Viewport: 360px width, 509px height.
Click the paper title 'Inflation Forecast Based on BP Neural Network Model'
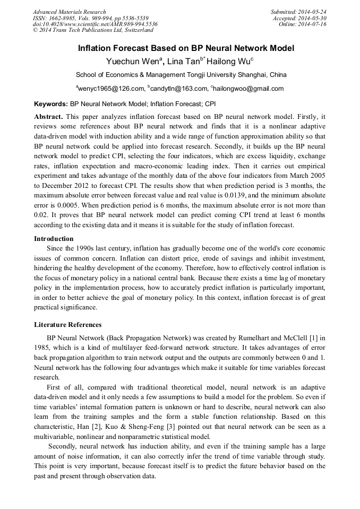tap(186, 48)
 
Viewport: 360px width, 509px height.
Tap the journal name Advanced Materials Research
tap(69, 12)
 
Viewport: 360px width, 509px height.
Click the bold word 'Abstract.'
tap(49, 116)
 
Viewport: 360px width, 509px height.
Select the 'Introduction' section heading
tap(54, 239)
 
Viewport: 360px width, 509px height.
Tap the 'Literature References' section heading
tap(67, 324)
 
